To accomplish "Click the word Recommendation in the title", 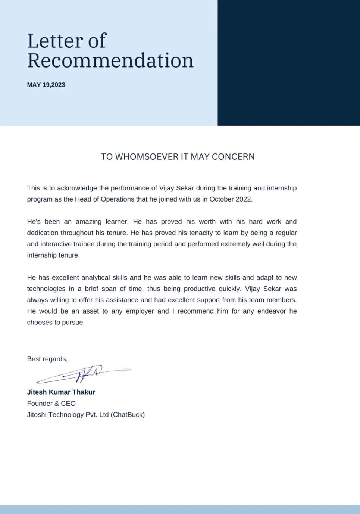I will pyautogui.click(x=110, y=60).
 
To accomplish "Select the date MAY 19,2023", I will pyautogui.click(x=46, y=85).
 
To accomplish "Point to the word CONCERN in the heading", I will pyautogui.click(x=233, y=157).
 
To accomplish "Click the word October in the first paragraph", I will pyautogui.click(x=221, y=199).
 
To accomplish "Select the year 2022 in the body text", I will pyautogui.click(x=244, y=199).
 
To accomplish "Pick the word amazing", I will pyautogui.click(x=88, y=221).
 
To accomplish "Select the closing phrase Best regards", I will pyautogui.click(x=47, y=359).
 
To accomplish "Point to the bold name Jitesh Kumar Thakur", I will pyautogui.click(x=61, y=392).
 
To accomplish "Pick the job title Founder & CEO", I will pyautogui.click(x=51, y=403).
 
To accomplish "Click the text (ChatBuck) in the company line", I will pyautogui.click(x=128, y=414).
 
